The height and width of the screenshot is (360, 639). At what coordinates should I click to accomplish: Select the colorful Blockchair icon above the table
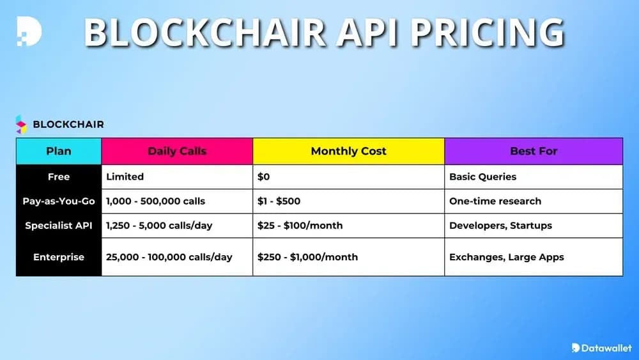(x=22, y=124)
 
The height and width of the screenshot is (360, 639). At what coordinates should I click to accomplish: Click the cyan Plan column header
(x=59, y=152)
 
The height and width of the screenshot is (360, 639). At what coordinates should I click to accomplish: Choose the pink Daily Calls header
(x=177, y=152)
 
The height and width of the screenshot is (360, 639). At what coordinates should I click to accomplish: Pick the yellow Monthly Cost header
(x=348, y=152)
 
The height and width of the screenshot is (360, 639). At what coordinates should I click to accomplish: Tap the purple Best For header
(x=533, y=152)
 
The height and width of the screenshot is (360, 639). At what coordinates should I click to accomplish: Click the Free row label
(x=59, y=176)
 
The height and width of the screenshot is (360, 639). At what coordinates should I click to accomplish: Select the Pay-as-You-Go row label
(x=59, y=201)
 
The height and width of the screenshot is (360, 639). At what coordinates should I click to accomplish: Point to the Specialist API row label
(x=59, y=225)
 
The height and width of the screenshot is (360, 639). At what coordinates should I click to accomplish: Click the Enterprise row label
(x=59, y=256)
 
